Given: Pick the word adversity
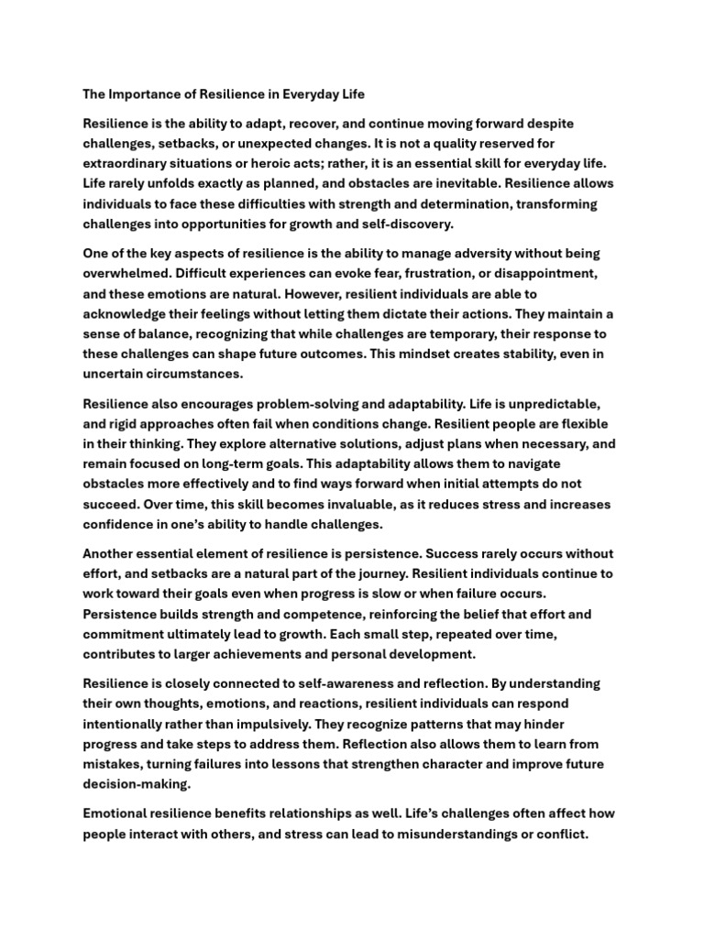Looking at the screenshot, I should pyautogui.click(x=426, y=253).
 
